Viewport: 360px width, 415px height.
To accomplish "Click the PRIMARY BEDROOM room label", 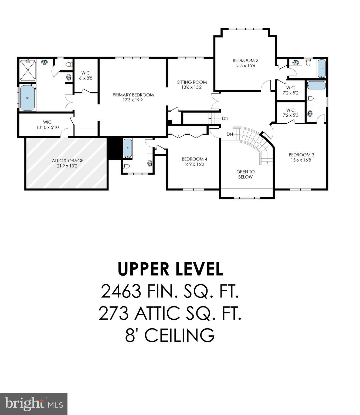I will [x=133, y=95].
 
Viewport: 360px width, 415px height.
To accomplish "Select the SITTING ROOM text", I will [x=192, y=82].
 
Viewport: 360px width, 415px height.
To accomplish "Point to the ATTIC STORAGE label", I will [x=67, y=161].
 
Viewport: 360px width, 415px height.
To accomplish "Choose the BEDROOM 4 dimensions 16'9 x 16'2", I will [x=194, y=164].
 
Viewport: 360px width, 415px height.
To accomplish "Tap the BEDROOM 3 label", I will [x=301, y=155].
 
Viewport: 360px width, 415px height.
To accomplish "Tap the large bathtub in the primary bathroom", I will [x=27, y=98].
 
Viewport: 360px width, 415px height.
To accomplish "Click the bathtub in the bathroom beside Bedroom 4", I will [x=128, y=148].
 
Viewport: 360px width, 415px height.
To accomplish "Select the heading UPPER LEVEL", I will [x=170, y=269].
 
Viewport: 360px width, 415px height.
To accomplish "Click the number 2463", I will [x=121, y=292].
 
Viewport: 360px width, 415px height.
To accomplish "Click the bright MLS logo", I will [x=34, y=404].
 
